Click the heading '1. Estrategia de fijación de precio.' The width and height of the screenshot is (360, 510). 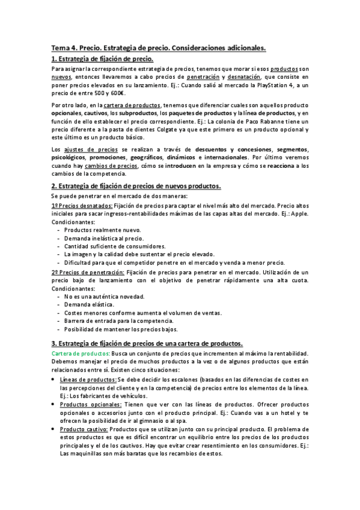(x=102, y=59)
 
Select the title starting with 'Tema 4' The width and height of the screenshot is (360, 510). (x=159, y=47)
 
